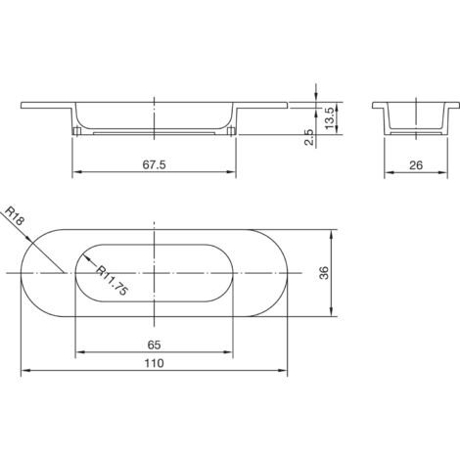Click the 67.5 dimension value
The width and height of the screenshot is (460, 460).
(155, 165)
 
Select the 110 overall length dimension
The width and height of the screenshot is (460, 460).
(155, 362)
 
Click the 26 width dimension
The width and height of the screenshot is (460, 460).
(415, 165)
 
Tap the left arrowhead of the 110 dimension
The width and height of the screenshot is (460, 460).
(24, 370)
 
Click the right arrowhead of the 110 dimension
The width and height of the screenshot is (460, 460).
(286, 370)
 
